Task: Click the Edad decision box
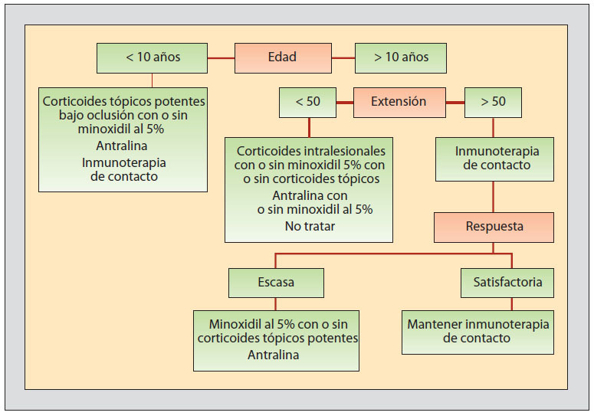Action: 281,57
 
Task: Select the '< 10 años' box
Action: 152,57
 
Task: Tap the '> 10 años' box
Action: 400,57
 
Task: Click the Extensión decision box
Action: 398,102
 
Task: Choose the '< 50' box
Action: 307,102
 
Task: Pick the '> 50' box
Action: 493,102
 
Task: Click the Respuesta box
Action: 494,227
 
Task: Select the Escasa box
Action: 276,283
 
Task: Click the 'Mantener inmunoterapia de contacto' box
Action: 477,331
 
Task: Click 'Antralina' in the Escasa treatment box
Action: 274,355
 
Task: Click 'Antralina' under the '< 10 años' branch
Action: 123,146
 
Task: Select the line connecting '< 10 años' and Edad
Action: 220,57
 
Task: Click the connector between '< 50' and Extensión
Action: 344,102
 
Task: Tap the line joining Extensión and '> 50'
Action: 455,102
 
